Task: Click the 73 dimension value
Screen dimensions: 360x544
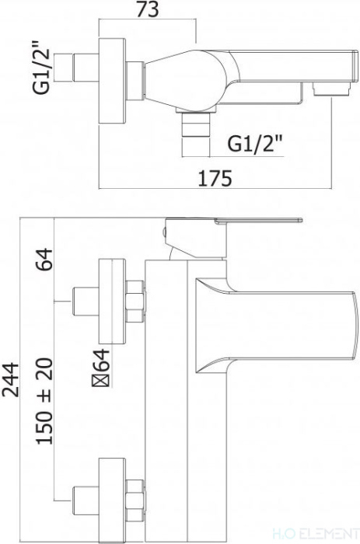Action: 148,9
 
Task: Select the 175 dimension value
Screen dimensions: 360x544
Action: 215,178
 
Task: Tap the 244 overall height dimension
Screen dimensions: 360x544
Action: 10,379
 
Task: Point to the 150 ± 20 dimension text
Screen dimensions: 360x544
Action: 44,402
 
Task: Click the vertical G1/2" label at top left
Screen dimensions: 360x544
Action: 42,68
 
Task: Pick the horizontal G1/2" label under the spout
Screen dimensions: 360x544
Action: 254,143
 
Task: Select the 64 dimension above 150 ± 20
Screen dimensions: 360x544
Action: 44,259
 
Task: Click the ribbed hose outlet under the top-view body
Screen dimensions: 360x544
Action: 196,133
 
